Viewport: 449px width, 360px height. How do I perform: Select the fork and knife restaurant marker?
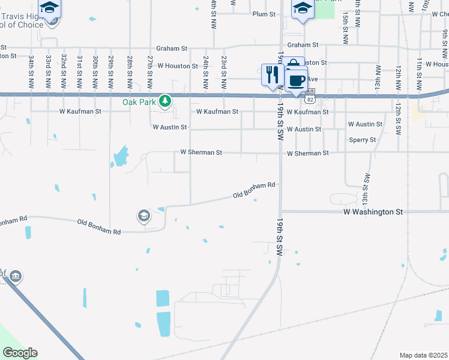pos(272,74)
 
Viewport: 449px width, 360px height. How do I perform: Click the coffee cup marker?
pos(297,80)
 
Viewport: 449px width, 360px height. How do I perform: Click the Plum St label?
pos(264,14)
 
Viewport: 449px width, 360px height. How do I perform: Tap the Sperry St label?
pos(363,140)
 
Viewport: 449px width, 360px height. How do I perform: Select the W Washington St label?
pos(373,212)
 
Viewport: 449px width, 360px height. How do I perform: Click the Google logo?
pos(20,353)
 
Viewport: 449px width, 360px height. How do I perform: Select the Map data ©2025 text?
pos(423,355)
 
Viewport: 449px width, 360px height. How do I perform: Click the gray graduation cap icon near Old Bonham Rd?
pos(143,215)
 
